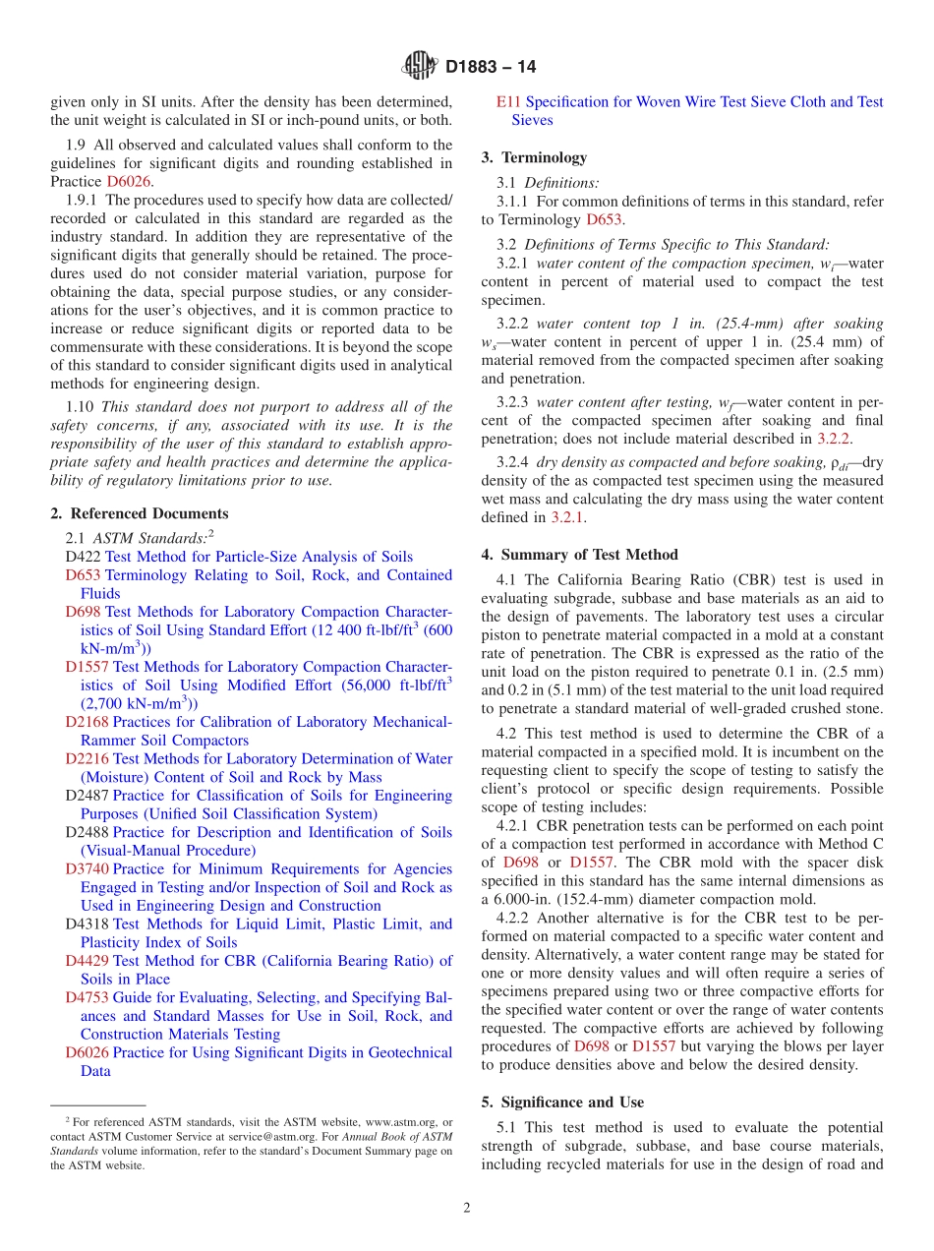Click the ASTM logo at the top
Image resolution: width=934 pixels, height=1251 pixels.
(x=420, y=67)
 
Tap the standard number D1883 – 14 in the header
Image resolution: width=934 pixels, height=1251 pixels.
(x=491, y=68)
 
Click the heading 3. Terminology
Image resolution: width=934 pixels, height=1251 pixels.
(x=534, y=157)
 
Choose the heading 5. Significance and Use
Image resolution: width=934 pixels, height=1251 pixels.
(x=562, y=1102)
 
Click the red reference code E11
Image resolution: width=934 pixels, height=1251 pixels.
(x=508, y=101)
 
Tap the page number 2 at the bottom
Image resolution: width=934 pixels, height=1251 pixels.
(x=467, y=1208)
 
